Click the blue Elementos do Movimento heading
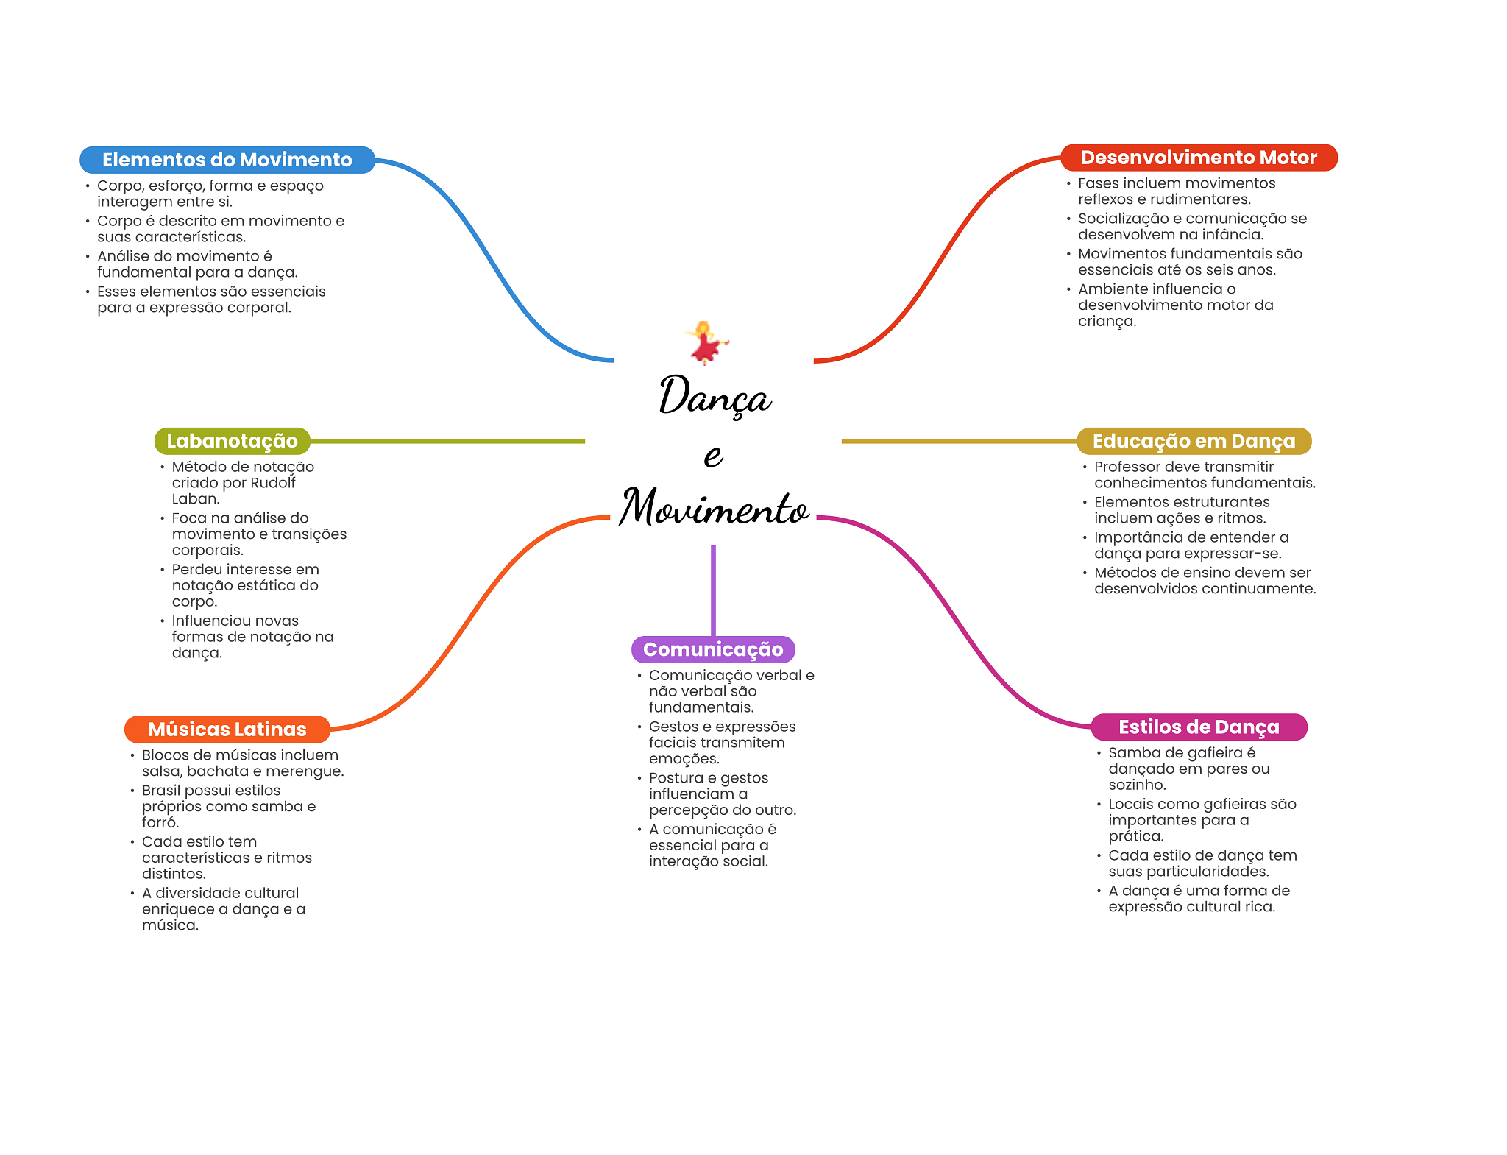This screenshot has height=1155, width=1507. tap(227, 160)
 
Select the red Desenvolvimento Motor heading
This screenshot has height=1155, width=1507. tap(1198, 158)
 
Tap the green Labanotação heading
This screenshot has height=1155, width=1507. tap(232, 441)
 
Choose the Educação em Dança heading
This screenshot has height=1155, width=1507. tap(1193, 441)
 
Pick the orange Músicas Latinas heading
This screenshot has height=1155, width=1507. tap(227, 729)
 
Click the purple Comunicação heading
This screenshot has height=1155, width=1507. tap(712, 649)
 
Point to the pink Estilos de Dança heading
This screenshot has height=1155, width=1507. tap(1198, 727)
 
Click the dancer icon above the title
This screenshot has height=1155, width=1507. tap(706, 342)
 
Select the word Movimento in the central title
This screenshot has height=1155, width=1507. tap(714, 508)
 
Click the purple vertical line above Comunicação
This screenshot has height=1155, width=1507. tap(713, 589)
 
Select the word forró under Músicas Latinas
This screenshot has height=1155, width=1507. tap(160, 823)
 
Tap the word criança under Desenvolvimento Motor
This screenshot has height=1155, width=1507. tap(1106, 322)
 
